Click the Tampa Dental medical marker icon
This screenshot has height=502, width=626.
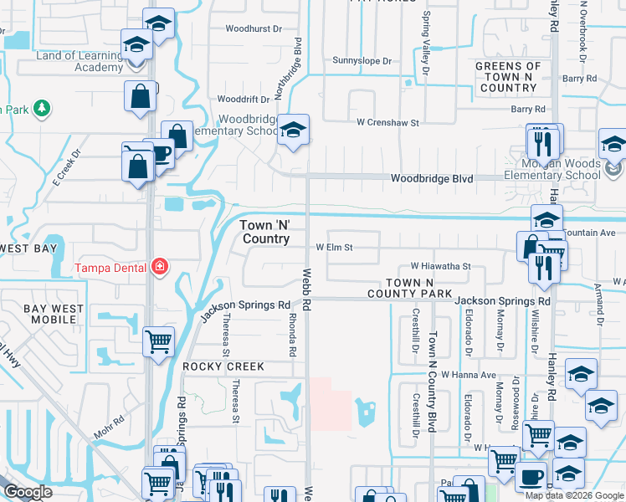click(x=159, y=268)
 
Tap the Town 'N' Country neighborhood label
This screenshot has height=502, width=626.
click(x=265, y=232)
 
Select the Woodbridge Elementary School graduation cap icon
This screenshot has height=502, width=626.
click(x=293, y=131)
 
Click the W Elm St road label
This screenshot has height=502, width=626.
click(x=334, y=248)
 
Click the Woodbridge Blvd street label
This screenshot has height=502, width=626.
click(x=433, y=179)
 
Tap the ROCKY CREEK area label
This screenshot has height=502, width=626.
click(x=223, y=366)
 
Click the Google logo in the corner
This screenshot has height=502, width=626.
click(x=27, y=492)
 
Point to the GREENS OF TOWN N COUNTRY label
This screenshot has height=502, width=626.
click(x=508, y=77)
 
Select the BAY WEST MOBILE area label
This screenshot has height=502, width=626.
click(x=54, y=315)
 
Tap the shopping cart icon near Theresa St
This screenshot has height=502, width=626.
click(x=159, y=341)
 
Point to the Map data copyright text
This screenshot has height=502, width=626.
click(x=574, y=495)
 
